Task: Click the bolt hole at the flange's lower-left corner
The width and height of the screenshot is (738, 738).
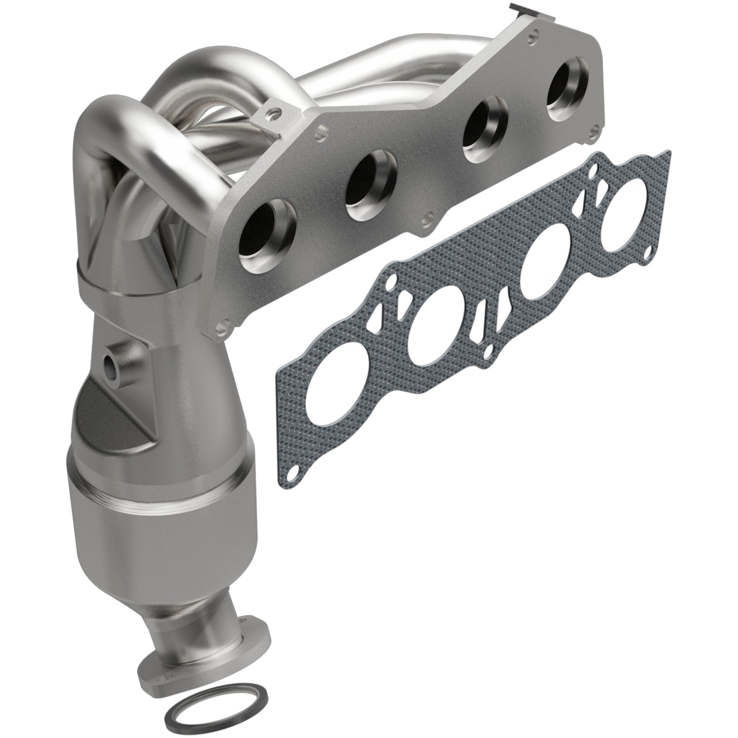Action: click(x=221, y=324)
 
